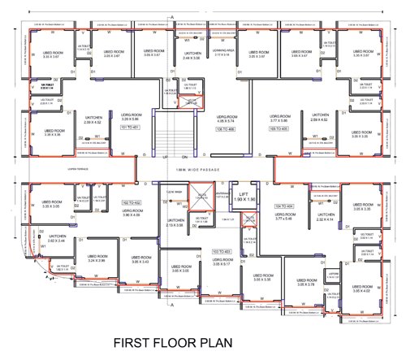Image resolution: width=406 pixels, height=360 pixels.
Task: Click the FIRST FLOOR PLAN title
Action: pos(202,341)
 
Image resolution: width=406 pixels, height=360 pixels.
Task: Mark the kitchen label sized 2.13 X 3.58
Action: pos(175,223)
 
